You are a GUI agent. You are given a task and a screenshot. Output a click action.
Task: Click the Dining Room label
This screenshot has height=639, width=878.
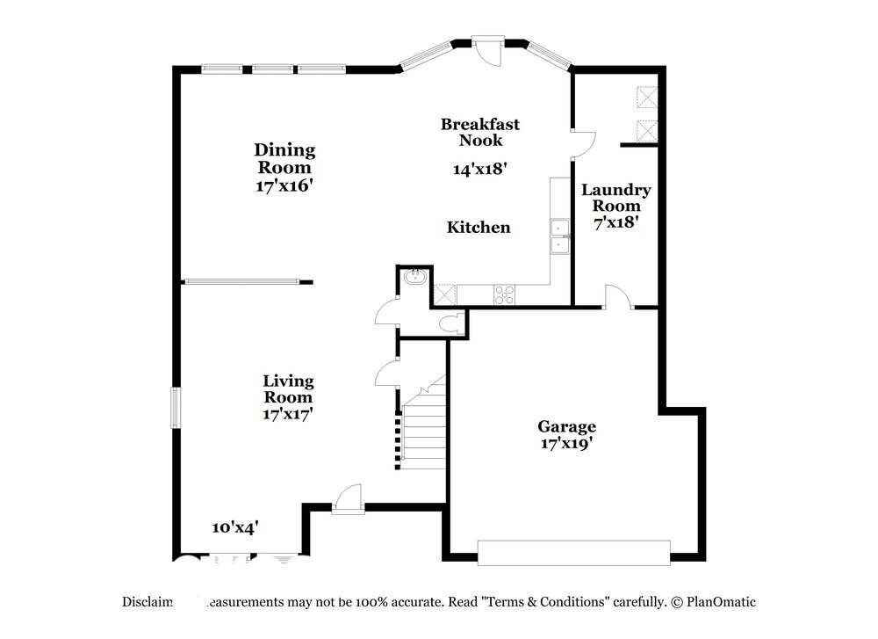(x=284, y=158)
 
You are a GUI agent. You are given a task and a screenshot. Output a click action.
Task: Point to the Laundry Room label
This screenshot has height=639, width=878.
(x=615, y=198)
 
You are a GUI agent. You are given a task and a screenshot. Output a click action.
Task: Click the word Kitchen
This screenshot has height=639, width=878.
(x=479, y=228)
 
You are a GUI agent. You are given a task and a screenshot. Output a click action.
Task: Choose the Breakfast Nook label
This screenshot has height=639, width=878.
(x=479, y=132)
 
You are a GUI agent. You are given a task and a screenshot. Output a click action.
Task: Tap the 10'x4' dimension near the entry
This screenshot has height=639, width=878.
(x=234, y=527)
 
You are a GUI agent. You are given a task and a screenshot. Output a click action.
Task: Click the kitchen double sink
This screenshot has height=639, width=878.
(x=558, y=236)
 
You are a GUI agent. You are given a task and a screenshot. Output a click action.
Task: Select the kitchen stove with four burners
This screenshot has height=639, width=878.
(x=504, y=294)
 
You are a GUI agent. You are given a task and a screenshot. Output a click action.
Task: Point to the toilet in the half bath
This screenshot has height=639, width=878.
(x=453, y=323)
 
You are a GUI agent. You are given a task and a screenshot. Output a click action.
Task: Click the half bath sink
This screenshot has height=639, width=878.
(x=414, y=278)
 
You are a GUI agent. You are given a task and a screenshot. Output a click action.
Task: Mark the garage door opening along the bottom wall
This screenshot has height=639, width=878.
(x=573, y=552)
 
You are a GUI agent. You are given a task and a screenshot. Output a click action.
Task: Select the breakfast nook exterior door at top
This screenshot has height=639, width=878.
(x=487, y=48)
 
